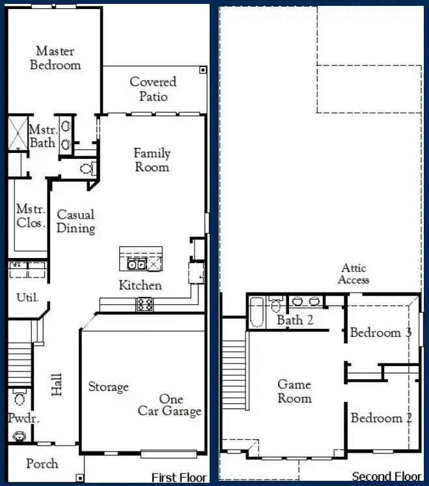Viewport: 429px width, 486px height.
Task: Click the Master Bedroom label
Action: [x=55, y=58]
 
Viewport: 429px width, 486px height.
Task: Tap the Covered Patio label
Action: [x=153, y=89]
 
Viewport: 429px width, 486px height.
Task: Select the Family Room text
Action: [x=152, y=160]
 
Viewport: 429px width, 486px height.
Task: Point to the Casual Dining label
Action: [x=76, y=222]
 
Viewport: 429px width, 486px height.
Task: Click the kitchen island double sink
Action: [x=135, y=264]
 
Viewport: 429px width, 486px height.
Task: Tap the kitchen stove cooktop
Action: [x=144, y=304]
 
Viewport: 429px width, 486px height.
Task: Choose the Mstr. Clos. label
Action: [x=31, y=216]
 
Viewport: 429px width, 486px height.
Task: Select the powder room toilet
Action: [x=19, y=397]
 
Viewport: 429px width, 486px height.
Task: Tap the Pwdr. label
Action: [x=23, y=419]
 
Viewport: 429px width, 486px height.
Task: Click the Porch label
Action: [x=42, y=464]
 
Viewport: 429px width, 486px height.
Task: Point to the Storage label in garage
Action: [x=108, y=387]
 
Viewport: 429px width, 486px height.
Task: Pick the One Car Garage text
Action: [x=170, y=405]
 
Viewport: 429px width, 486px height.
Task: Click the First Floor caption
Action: [x=178, y=478]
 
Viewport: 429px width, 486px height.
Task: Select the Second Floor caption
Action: [x=387, y=477]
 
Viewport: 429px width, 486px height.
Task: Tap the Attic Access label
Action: [x=353, y=274]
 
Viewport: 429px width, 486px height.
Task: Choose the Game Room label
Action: [x=294, y=392]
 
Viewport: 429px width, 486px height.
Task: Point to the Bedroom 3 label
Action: [x=380, y=333]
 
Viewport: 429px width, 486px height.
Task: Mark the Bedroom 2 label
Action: [x=381, y=418]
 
